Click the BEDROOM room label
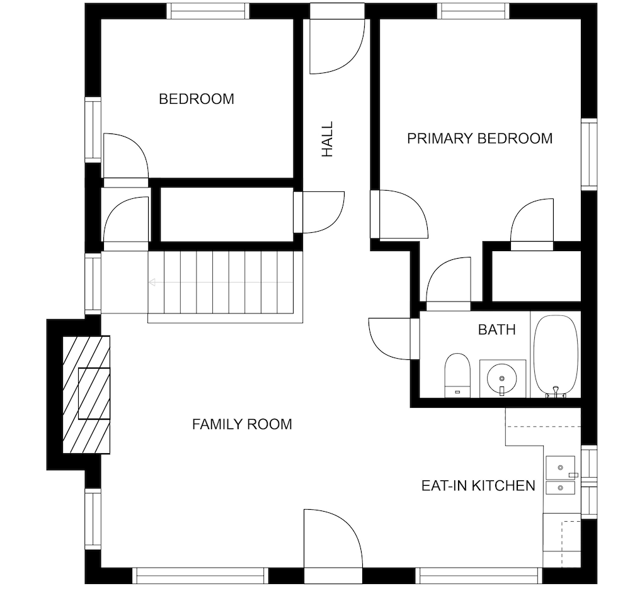point(197,99)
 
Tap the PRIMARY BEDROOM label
point(479,138)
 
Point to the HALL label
point(328,139)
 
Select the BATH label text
point(496,330)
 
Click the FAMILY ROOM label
point(242,424)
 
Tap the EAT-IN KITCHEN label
point(478,486)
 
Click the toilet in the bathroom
point(457,375)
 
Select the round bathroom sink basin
point(502,378)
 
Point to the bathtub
point(556,356)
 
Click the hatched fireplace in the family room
point(86,395)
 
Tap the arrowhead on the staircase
point(152,282)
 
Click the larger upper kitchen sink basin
point(561,468)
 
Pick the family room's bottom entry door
point(333,539)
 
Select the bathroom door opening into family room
point(389,339)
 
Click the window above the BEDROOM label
point(208,11)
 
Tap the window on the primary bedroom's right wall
point(589,154)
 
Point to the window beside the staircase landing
point(93,283)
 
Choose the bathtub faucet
point(556,391)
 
